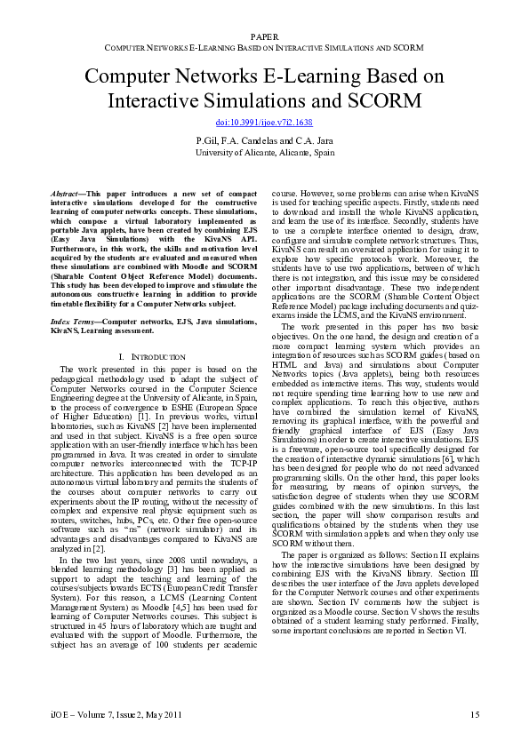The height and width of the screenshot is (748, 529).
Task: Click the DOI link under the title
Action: click(x=264, y=122)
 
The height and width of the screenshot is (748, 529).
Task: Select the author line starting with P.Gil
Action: click(x=264, y=140)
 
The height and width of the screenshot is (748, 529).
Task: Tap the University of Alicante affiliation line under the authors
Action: click(x=264, y=152)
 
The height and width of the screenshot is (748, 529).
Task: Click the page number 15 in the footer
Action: click(x=475, y=714)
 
